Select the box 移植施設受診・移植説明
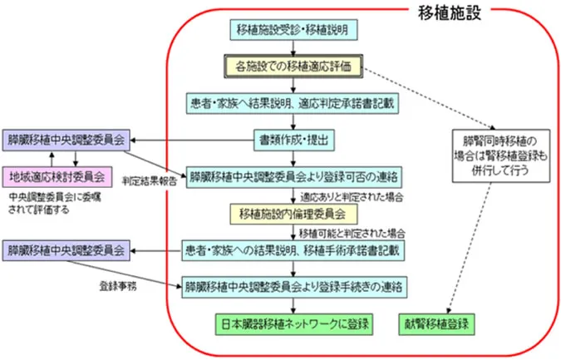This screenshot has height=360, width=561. (x=292, y=30)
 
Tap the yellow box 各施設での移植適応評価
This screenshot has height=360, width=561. (x=292, y=65)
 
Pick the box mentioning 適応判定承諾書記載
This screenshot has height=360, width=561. (x=292, y=103)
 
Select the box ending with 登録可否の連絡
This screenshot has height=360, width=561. (x=292, y=176)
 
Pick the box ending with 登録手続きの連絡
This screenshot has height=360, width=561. (x=293, y=285)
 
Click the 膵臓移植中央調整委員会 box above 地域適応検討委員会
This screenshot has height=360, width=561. (x=65, y=139)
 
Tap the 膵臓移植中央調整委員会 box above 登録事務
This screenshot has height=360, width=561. (x=65, y=249)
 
